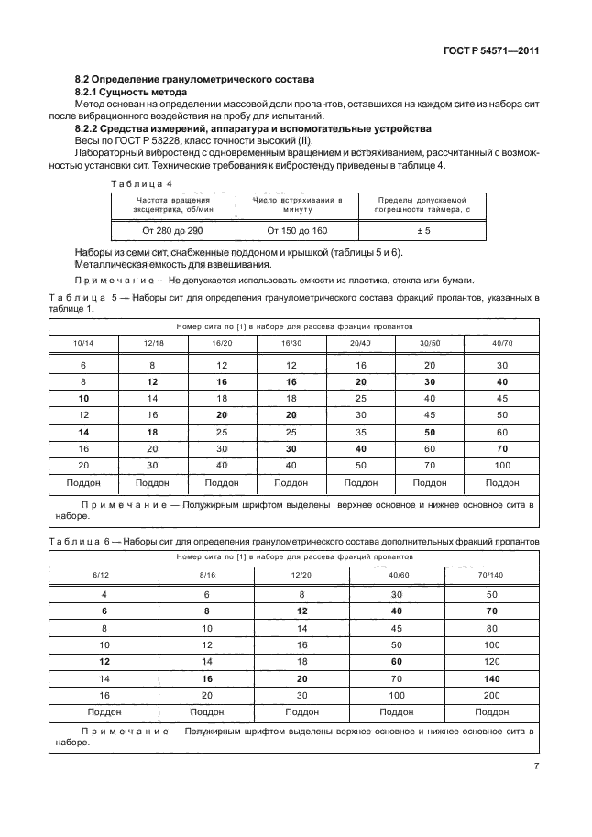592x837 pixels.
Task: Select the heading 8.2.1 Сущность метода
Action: coord(130,93)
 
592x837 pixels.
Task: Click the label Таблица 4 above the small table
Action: coord(134,184)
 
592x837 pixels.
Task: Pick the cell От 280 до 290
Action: coord(172,230)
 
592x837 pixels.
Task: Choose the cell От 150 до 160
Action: coord(297,230)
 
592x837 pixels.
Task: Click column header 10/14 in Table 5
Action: coord(82,342)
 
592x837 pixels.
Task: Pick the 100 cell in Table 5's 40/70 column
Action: coord(501,465)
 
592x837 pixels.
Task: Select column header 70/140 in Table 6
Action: coord(491,574)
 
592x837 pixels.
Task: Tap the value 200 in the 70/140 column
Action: coord(491,696)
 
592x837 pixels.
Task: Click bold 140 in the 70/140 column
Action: coord(491,679)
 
